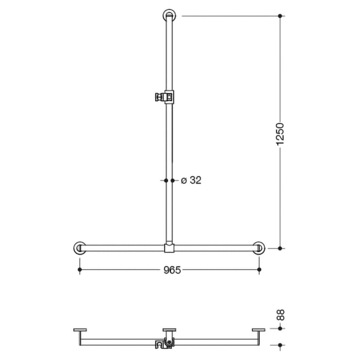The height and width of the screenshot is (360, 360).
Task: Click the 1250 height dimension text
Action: [x=280, y=134]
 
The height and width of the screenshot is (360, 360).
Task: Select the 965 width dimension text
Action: [x=169, y=269]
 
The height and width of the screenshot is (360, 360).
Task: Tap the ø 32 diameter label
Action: [x=191, y=180]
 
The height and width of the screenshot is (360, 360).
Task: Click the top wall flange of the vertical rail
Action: [x=169, y=15]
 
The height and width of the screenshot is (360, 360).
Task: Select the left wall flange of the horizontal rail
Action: [x=79, y=248]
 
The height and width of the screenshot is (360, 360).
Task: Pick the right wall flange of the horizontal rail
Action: [x=259, y=248]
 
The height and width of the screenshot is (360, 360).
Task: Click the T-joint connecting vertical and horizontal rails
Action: [x=169, y=248]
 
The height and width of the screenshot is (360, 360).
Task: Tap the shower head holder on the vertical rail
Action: [x=165, y=96]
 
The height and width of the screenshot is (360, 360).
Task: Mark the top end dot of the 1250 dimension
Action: [x=280, y=16]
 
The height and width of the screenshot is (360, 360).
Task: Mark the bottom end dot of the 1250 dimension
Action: [x=280, y=248]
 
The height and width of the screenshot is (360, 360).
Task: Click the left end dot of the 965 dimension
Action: [x=79, y=269]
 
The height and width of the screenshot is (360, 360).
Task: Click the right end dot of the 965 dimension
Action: [x=259, y=269]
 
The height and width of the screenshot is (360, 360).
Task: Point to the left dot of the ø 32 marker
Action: [x=166, y=180]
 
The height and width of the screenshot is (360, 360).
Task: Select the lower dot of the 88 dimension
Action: [x=280, y=345]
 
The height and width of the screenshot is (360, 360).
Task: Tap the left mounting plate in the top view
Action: [x=81, y=330]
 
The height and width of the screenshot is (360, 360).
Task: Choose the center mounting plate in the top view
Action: [x=169, y=330]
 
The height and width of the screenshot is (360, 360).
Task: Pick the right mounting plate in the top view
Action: [x=258, y=330]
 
